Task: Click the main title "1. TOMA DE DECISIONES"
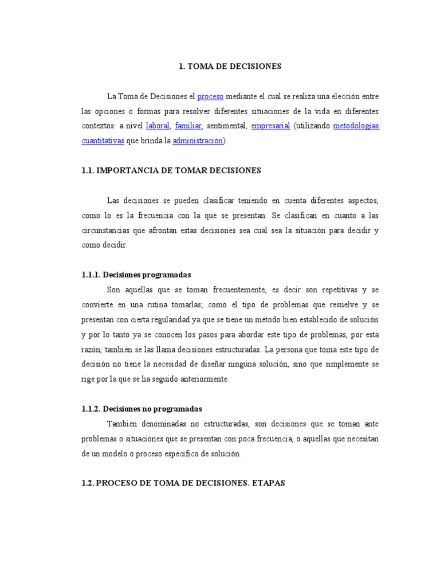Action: point(230,66)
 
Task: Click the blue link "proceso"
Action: point(210,96)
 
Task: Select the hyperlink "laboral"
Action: point(158,126)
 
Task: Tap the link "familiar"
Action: point(187,126)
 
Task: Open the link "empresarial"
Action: point(271,126)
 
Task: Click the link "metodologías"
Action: point(356,126)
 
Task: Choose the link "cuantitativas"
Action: point(103,140)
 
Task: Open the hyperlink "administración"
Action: point(198,140)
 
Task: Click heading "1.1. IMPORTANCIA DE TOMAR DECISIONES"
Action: point(171,170)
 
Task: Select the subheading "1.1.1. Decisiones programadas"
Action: point(136,275)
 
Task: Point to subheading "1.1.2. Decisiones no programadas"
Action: point(142,409)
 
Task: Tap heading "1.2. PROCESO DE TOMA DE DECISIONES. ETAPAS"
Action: point(183,483)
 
